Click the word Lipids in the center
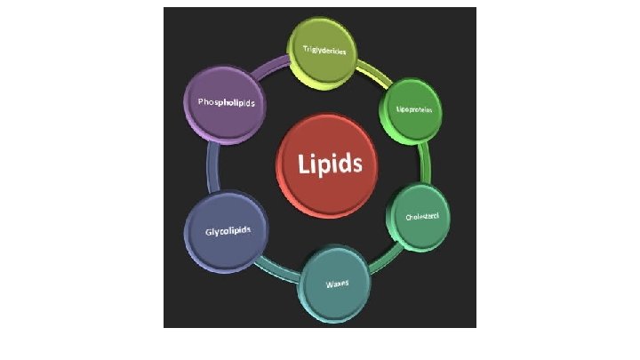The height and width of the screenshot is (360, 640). tap(330, 164)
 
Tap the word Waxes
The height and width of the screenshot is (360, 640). tap(336, 284)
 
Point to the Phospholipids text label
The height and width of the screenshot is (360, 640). tap(226, 103)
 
